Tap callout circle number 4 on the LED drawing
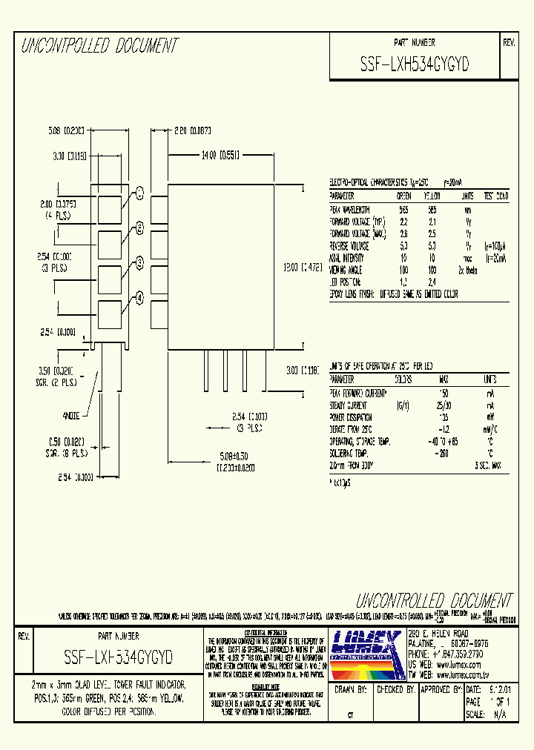point(139,297)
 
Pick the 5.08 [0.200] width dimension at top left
point(65,129)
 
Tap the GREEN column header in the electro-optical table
point(403,196)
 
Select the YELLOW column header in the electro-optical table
point(432,196)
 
